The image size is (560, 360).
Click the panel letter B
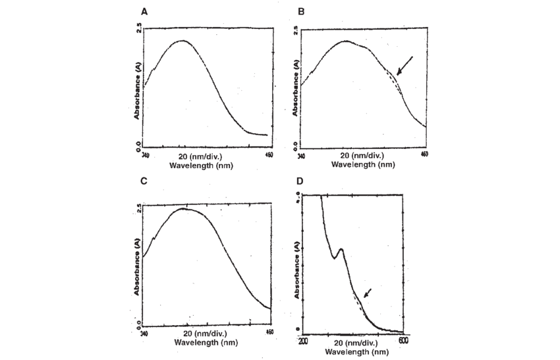[301, 13]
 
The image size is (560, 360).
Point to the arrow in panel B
[405, 67]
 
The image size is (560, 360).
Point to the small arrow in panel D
[367, 292]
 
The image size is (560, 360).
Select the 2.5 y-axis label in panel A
[138, 28]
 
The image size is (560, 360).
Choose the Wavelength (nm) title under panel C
[206, 343]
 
